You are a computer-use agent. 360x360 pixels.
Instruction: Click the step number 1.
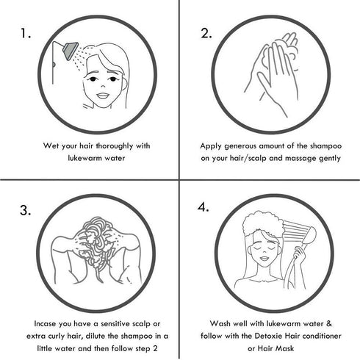pos(26,33)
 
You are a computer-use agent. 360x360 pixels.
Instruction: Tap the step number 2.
pos(206,33)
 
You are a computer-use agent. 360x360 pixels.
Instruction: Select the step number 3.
pos(26,210)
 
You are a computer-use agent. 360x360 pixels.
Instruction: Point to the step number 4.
pos(204,207)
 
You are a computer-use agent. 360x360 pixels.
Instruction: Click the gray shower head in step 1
pos(71,50)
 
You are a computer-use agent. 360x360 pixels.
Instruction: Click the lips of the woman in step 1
pos(103,96)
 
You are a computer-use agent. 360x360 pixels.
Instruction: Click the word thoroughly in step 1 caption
pos(115,146)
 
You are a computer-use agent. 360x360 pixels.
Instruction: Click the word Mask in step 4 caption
pos(284,348)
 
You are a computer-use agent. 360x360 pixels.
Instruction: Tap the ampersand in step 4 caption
pos(329,324)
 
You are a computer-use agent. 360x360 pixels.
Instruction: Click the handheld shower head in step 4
pos(309,235)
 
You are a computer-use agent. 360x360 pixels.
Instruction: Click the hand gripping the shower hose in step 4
pos(300,256)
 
